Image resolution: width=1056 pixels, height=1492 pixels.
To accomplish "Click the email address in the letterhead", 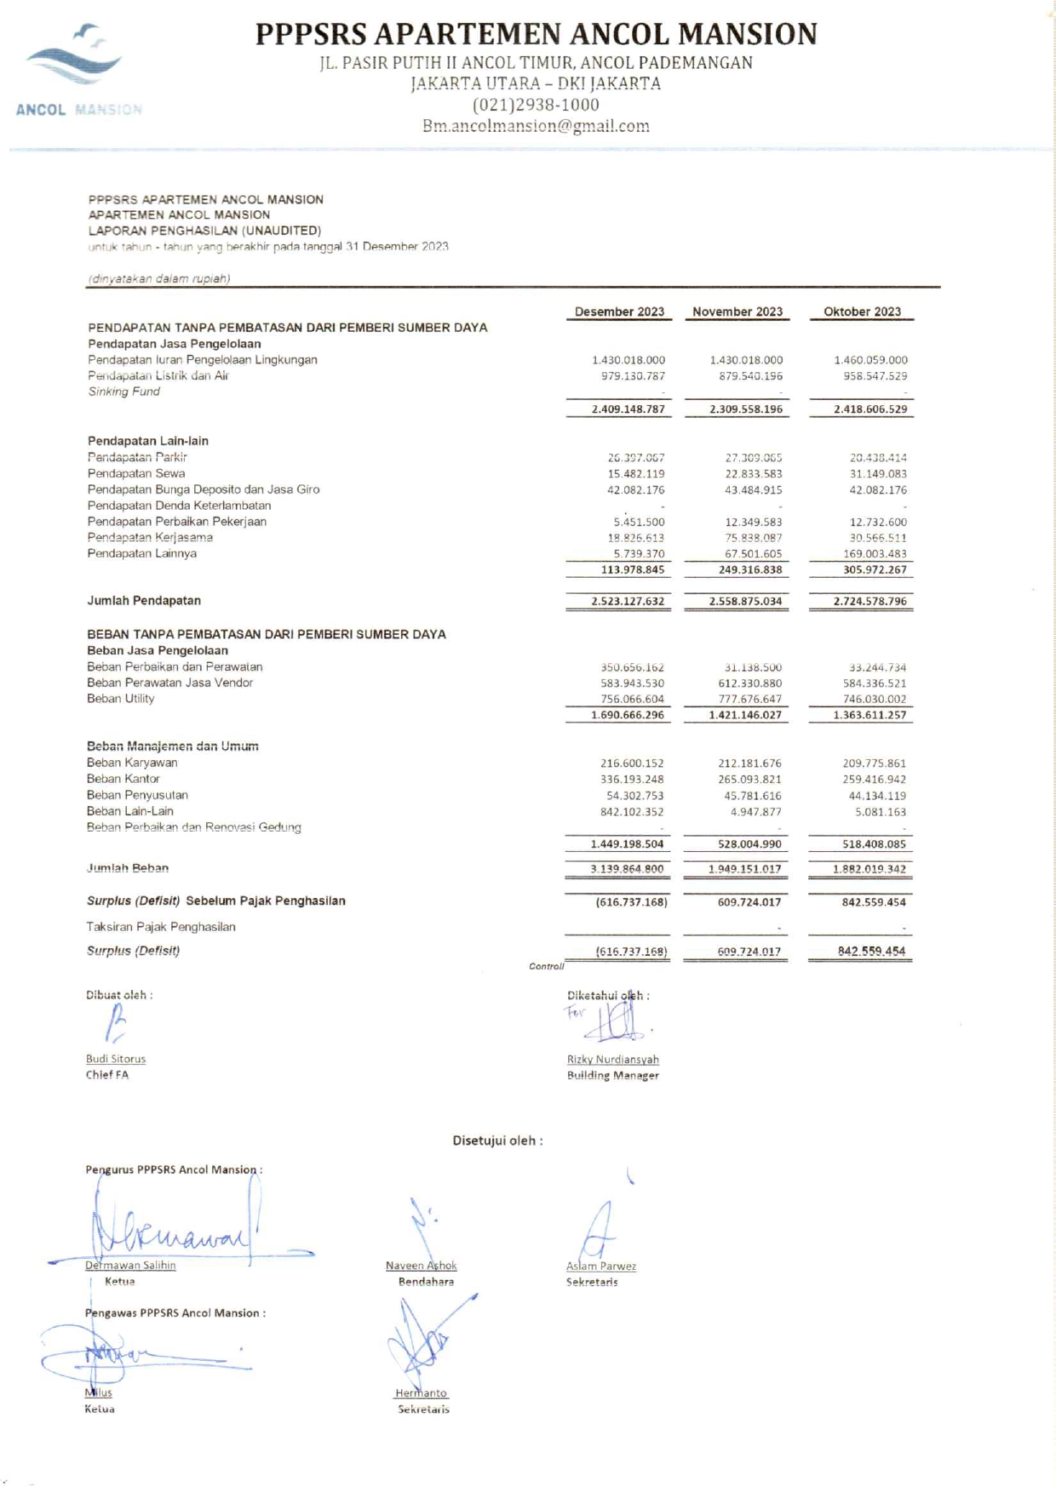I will tap(536, 126).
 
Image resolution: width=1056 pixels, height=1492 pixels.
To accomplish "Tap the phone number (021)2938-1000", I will tap(536, 105).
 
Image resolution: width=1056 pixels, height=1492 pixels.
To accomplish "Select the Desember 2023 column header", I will tap(619, 312).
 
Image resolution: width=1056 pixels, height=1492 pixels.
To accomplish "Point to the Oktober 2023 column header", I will tap(862, 312).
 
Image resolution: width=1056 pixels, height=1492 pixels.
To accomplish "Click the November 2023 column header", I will tap(737, 312).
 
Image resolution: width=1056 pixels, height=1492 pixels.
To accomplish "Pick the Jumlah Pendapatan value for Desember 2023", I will tap(628, 602).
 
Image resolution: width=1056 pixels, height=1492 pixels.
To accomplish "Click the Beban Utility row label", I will tap(121, 699).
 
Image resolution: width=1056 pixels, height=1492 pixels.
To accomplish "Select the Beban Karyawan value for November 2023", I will tap(749, 763).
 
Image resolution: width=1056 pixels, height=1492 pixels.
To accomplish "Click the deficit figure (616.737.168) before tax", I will tap(631, 902).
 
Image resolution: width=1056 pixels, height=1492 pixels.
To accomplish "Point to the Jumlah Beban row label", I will tap(128, 868).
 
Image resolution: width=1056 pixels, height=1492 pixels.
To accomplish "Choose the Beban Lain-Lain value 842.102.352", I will tap(632, 812).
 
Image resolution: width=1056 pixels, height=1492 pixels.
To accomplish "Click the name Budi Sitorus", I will tap(116, 1059).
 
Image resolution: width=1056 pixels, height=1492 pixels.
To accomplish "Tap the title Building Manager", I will tap(613, 1076).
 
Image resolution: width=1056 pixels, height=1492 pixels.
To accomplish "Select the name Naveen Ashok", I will tap(422, 1266).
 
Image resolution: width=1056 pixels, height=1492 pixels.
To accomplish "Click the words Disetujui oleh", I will tap(497, 1140).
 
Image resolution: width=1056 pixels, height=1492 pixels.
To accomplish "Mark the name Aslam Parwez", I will tap(601, 1266).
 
